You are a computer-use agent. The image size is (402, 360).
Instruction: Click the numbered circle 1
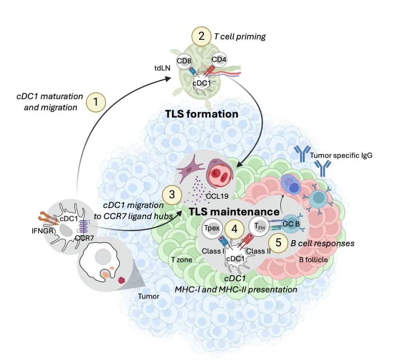[96, 102]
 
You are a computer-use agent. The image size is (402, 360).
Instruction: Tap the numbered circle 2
[201, 36]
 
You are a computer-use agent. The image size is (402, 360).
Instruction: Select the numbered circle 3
[172, 195]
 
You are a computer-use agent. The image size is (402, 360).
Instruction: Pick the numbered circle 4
[234, 228]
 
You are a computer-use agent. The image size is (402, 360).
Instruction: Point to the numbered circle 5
[279, 243]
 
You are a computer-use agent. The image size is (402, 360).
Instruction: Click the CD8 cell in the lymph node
[184, 61]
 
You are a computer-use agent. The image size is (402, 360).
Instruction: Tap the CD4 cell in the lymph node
[219, 60]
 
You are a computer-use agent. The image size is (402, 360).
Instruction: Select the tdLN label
[162, 68]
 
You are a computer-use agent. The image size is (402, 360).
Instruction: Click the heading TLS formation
[202, 114]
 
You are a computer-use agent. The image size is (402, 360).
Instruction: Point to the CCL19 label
[217, 196]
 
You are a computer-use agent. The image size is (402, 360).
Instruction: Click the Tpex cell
[212, 228]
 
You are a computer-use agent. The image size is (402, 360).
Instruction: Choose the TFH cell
[259, 226]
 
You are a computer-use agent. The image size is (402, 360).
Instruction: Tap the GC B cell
[291, 224]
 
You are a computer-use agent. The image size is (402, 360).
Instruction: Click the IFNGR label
[43, 231]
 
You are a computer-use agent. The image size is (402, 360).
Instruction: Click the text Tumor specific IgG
[341, 156]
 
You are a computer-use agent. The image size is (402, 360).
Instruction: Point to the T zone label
[182, 260]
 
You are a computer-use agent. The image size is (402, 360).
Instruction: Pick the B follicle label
[313, 260]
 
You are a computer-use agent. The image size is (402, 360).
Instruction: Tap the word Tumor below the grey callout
[149, 296]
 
